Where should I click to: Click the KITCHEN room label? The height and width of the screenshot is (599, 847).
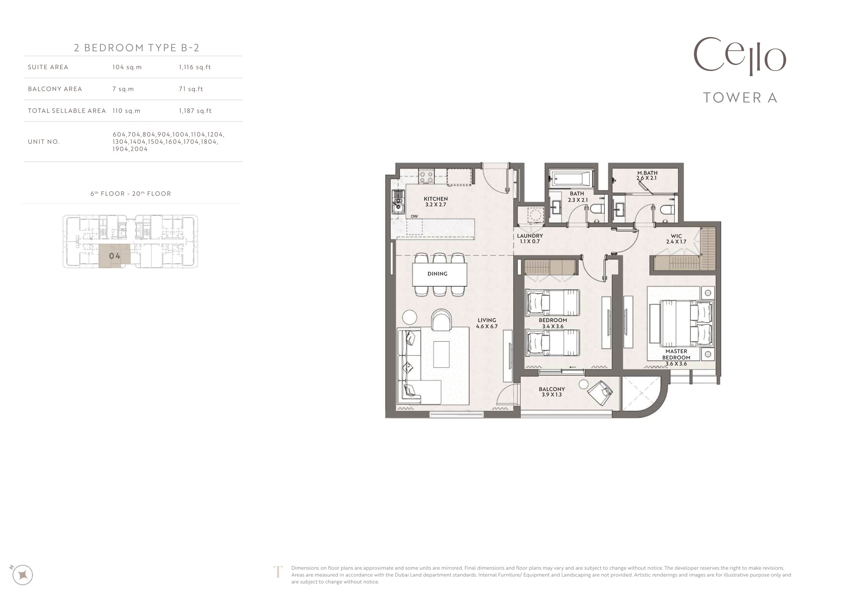tap(436, 199)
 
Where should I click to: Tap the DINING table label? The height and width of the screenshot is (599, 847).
tap(437, 274)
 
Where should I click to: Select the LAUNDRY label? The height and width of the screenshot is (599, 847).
tap(530, 236)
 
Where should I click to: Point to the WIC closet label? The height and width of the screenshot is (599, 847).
tap(676, 236)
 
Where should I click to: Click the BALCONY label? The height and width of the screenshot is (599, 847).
tap(552, 389)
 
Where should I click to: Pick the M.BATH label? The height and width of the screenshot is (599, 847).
tap(647, 173)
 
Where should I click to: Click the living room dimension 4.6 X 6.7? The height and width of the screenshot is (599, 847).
tap(487, 326)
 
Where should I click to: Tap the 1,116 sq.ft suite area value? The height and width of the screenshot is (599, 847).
tap(195, 67)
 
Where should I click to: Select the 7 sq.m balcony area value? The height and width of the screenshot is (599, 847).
tap(123, 89)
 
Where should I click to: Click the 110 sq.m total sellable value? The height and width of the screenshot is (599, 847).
tap(126, 111)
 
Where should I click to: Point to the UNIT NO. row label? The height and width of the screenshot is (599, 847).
tap(43, 142)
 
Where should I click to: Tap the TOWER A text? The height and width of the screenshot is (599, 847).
tap(741, 97)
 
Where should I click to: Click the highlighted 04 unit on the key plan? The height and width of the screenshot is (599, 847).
tap(114, 256)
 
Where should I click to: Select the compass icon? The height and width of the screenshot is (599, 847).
tap(22, 575)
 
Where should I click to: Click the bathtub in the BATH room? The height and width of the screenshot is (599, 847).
tap(571, 180)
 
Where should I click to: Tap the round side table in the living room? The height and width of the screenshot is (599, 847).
tap(409, 317)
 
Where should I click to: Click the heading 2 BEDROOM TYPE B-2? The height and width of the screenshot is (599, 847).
tap(137, 47)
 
